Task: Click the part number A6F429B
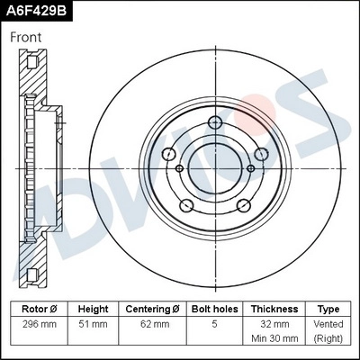35,12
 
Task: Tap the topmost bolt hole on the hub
215,124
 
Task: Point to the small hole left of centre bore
180,167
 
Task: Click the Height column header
93,308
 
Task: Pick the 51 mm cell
93,323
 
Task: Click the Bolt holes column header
213,308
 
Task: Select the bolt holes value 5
213,323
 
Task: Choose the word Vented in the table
328,323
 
